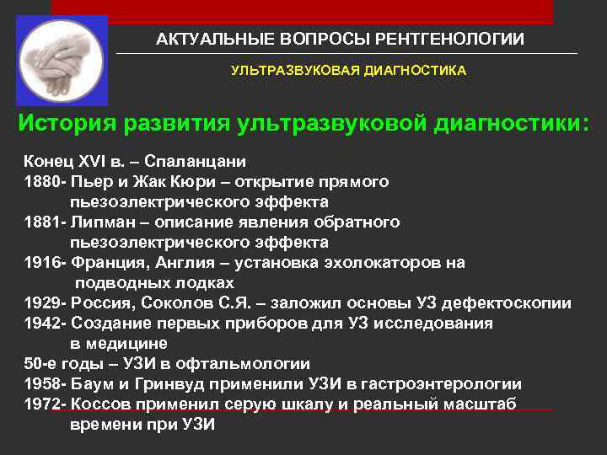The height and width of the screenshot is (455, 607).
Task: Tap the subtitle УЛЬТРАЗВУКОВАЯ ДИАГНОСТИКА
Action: [x=348, y=72]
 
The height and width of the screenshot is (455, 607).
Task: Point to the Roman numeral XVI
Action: [x=89, y=162]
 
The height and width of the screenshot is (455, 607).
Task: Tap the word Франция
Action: [x=107, y=263]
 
